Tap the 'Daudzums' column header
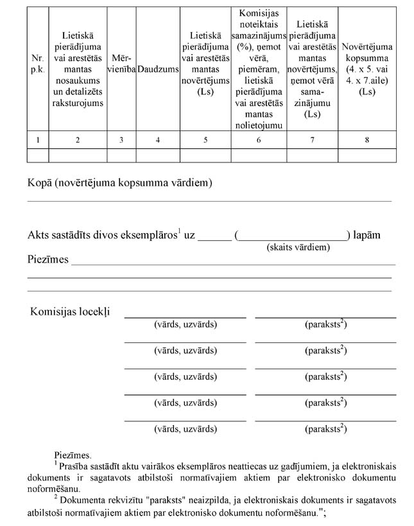pyautogui.click(x=158, y=68)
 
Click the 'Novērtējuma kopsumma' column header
pyautogui.click(x=367, y=69)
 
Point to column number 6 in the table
pyautogui.click(x=258, y=140)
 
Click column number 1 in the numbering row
pyautogui.click(x=37, y=140)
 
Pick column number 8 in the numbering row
pyautogui.click(x=367, y=140)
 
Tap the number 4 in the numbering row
pyautogui.click(x=158, y=140)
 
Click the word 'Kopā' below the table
pyautogui.click(x=40, y=184)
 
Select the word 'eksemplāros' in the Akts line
pyautogui.click(x=148, y=235)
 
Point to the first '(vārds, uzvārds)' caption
pyautogui.click(x=185, y=324)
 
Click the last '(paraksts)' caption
pyautogui.click(x=325, y=428)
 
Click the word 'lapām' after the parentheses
pyautogui.click(x=367, y=235)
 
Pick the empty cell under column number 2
pyautogui.click(x=78, y=155)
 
